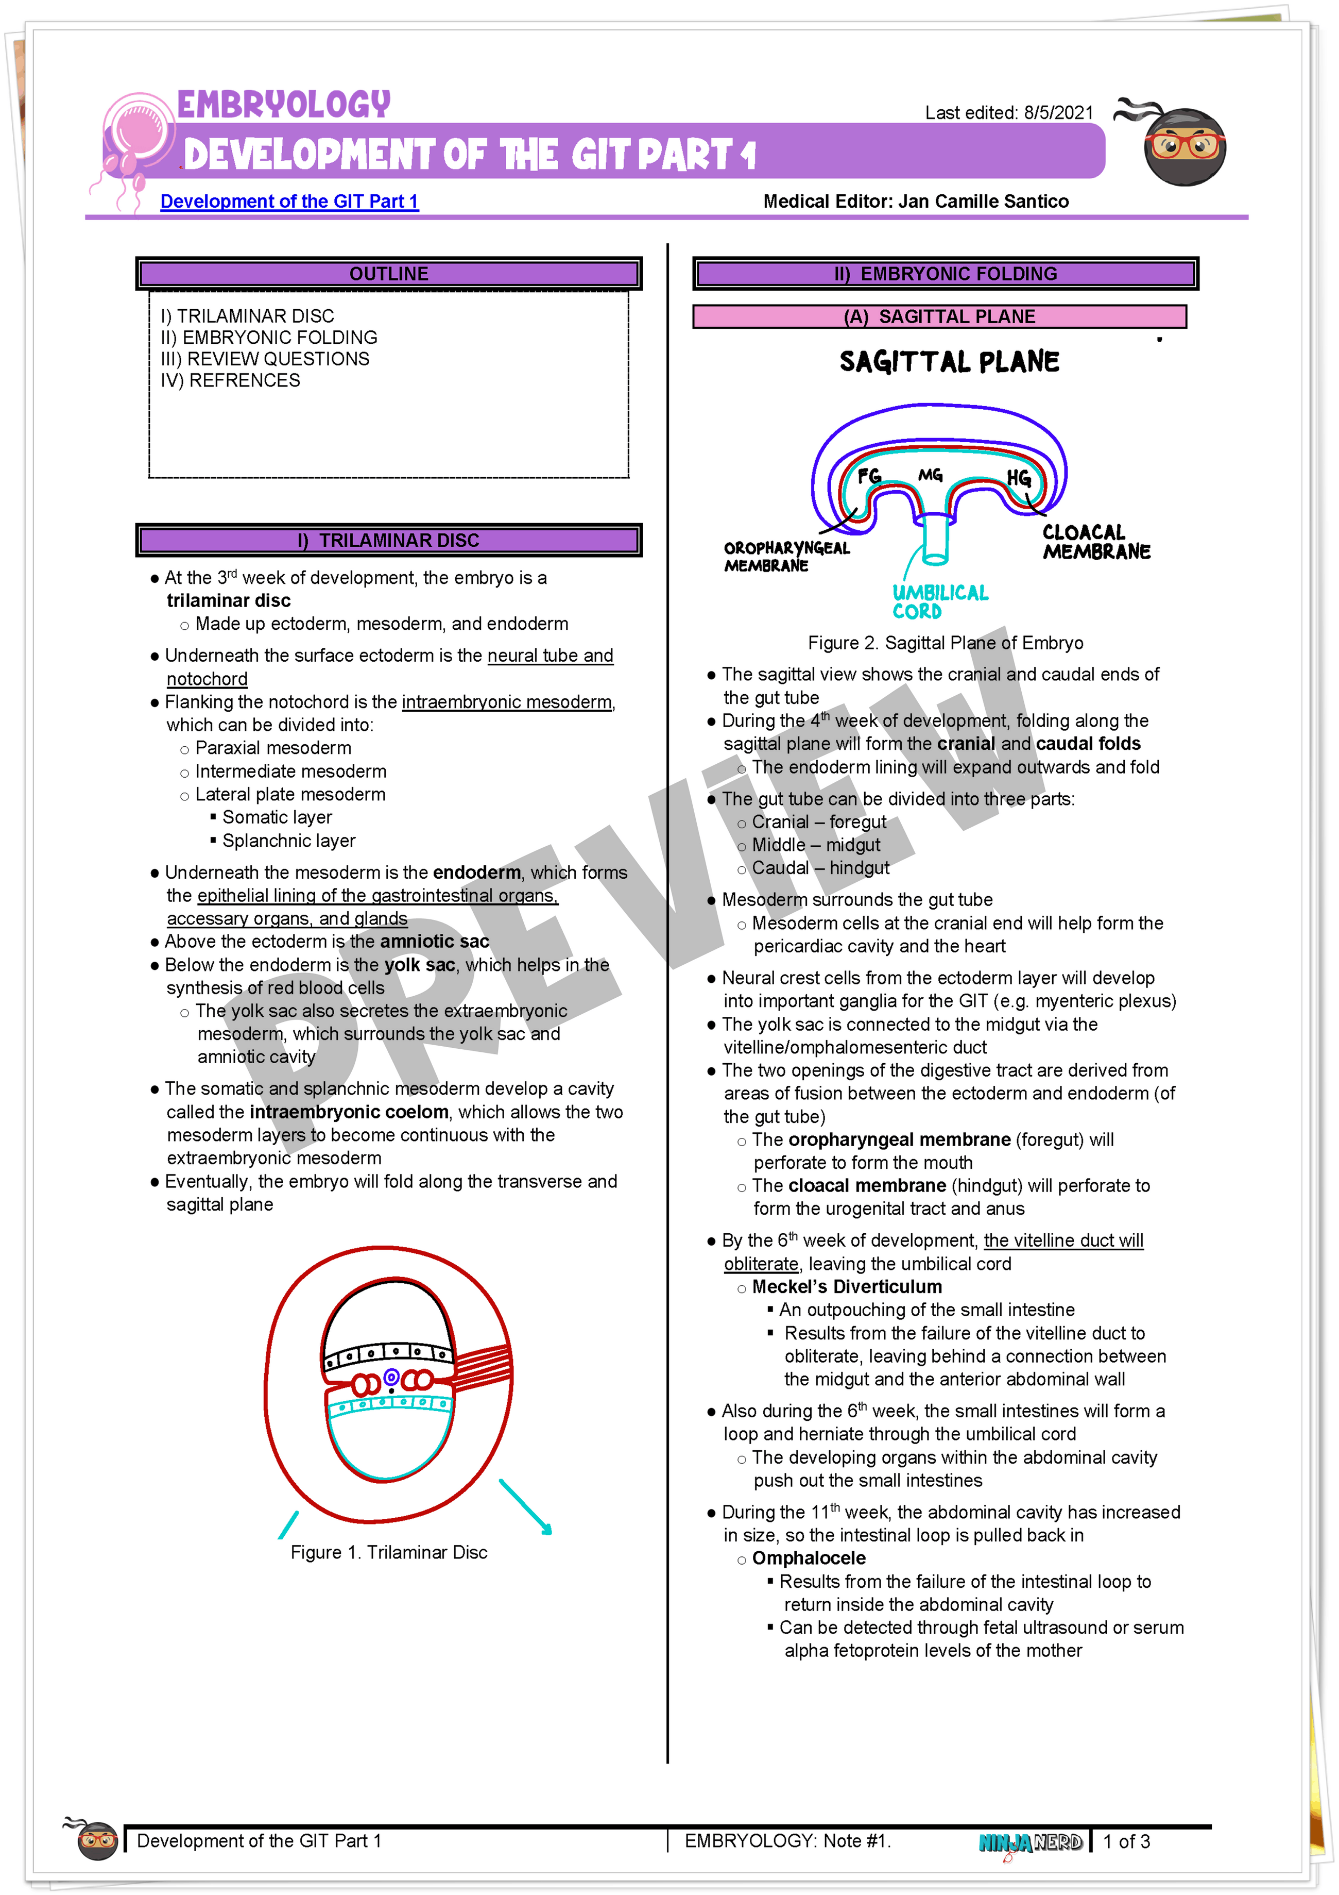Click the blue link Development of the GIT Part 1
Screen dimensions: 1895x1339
click(x=289, y=202)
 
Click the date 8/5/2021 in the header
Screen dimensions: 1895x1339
click(x=1058, y=113)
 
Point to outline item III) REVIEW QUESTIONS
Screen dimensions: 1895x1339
click(x=265, y=359)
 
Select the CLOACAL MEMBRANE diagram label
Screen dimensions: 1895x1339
click(x=1095, y=542)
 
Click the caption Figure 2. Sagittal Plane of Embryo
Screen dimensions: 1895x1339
click(x=946, y=643)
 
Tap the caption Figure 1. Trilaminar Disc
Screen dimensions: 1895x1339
click(x=389, y=1552)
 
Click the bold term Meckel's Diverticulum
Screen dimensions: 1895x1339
click(x=847, y=1287)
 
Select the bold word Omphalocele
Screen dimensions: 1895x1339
click(x=809, y=1558)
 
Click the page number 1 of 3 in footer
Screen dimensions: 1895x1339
click(x=1126, y=1841)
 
